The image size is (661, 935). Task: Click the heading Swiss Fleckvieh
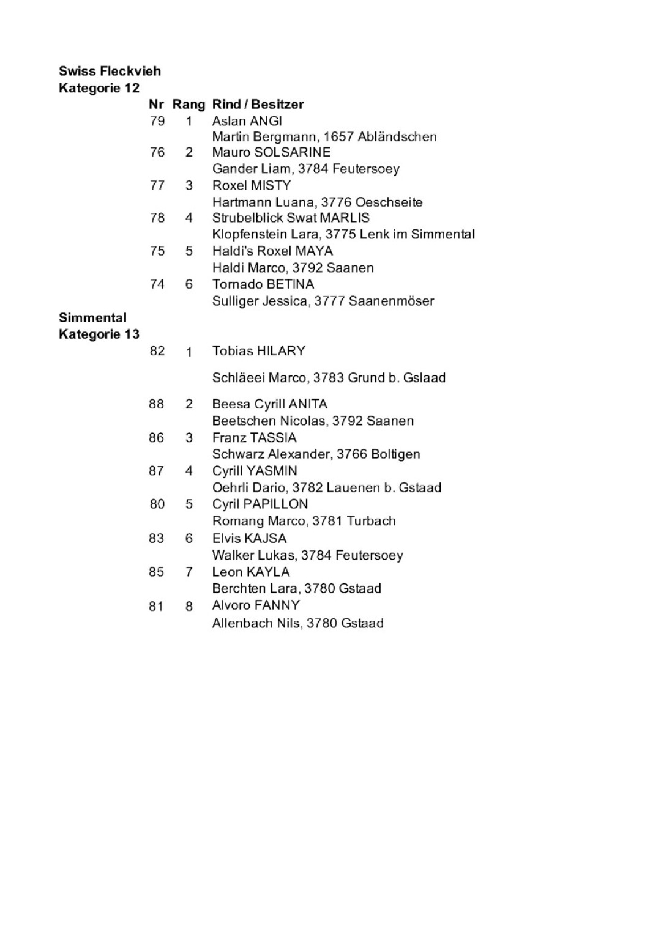110,71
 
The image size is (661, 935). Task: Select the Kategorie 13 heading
99,334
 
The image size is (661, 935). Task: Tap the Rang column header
189,105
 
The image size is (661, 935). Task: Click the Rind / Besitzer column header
258,105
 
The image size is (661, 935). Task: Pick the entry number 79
157,121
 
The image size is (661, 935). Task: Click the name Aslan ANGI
247,121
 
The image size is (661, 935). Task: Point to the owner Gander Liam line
305,169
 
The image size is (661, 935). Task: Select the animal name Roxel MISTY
252,185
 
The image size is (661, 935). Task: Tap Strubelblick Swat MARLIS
291,218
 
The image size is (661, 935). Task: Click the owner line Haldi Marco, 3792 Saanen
293,268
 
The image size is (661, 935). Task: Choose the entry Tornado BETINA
263,284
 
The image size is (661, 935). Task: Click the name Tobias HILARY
258,351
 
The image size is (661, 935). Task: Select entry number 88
157,404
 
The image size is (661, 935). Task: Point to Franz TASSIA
254,438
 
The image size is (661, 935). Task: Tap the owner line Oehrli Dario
326,488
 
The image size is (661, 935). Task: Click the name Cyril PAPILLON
260,504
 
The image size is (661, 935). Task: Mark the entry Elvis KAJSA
249,539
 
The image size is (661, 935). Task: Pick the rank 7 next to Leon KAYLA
189,572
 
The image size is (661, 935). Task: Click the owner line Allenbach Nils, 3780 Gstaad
297,623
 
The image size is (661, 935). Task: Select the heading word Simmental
92,318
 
